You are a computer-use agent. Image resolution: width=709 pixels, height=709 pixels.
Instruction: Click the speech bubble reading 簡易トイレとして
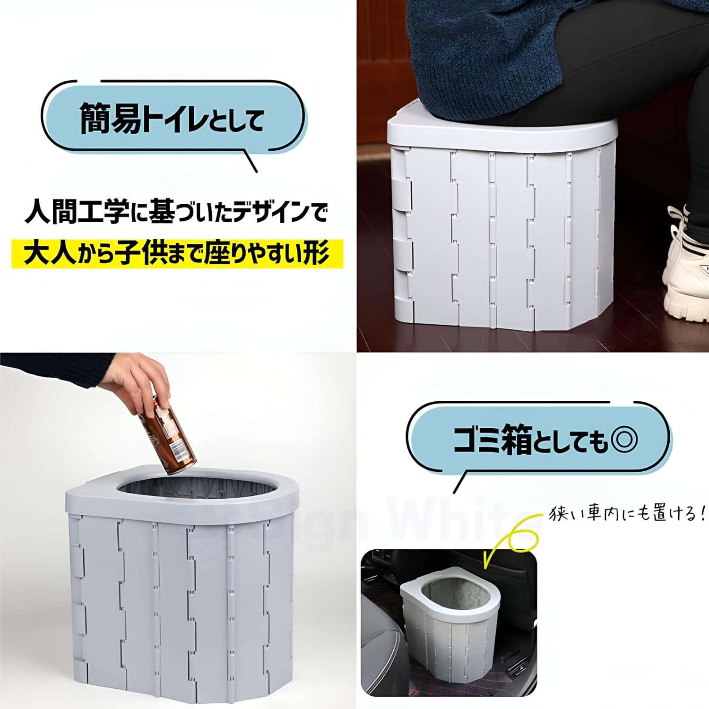tap(173, 118)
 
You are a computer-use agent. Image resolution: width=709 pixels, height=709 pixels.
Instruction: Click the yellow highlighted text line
tap(177, 254)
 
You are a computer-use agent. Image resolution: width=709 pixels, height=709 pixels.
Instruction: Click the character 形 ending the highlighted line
tap(315, 254)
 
